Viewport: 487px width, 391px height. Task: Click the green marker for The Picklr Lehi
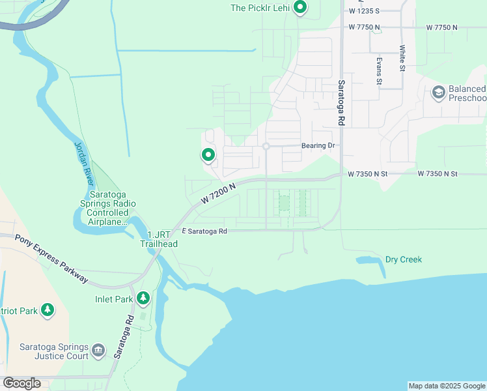pyautogui.click(x=300, y=8)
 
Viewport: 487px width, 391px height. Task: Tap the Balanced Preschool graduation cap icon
pyautogui.click(x=438, y=93)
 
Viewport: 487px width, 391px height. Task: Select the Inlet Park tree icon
pyautogui.click(x=143, y=298)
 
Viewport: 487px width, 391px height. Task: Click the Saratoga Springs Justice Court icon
pyautogui.click(x=98, y=351)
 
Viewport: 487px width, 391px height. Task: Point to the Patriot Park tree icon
pyautogui.click(x=48, y=310)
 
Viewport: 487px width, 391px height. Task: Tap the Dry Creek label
pyautogui.click(x=403, y=259)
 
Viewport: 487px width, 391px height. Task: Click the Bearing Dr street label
pyautogui.click(x=318, y=145)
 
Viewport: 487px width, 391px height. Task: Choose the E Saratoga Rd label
pyautogui.click(x=204, y=231)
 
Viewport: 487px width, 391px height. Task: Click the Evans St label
pyautogui.click(x=378, y=70)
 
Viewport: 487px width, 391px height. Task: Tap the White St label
pyautogui.click(x=402, y=58)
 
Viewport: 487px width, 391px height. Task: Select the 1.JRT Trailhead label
pyautogui.click(x=159, y=239)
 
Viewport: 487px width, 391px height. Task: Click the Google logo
pyautogui.click(x=21, y=383)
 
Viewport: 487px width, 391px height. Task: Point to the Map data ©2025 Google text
pyautogui.click(x=446, y=386)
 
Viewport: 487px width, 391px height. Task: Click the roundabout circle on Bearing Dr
pyautogui.click(x=266, y=147)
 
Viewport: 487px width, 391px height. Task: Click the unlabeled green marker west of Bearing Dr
pyautogui.click(x=208, y=155)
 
